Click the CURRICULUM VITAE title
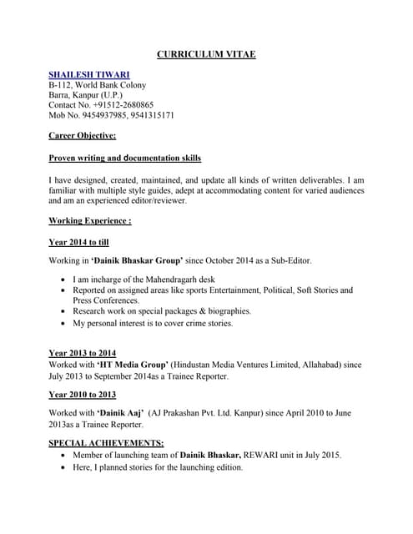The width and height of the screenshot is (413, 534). pos(206,55)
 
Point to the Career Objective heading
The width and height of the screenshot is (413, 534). pos(82,135)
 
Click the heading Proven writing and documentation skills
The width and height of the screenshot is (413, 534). pos(124,158)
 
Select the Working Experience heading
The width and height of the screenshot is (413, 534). pos(89,221)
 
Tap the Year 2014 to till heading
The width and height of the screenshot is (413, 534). pos(79,242)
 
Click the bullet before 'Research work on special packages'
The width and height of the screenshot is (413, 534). pos(64,311)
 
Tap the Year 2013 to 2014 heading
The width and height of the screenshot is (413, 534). pos(82,353)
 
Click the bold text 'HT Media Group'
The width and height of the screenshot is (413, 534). pos(133,365)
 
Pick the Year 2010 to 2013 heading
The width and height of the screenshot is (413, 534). pos(82,395)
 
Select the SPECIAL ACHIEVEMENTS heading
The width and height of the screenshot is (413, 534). pos(106,443)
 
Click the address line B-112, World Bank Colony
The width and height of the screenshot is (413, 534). pos(97,85)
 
